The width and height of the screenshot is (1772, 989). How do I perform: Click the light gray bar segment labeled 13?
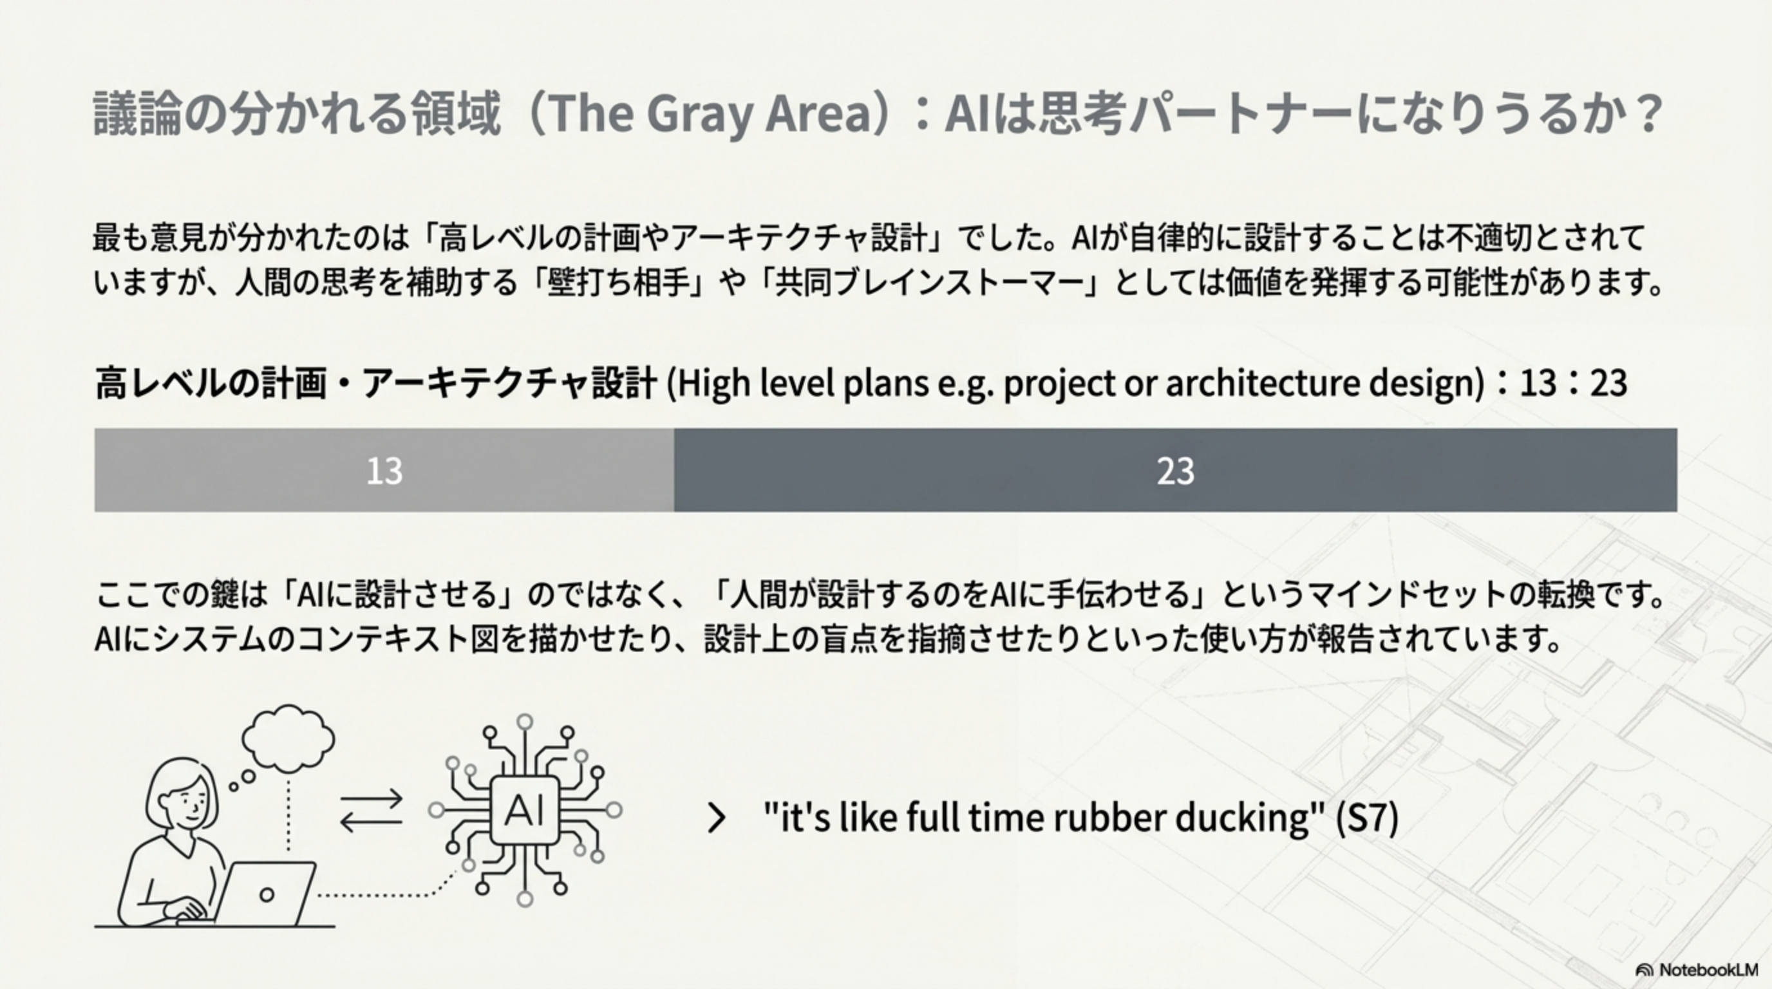384,471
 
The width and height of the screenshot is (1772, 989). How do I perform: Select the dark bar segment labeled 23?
1175,471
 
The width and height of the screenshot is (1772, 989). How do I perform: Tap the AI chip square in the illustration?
525,810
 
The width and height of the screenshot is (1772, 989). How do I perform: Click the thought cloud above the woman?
288,738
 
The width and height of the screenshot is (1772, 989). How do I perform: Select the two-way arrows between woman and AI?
372,810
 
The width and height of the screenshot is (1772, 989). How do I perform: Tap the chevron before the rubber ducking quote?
716,818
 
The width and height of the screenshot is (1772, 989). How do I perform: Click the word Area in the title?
818,113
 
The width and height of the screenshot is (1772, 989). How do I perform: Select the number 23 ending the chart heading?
1608,384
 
